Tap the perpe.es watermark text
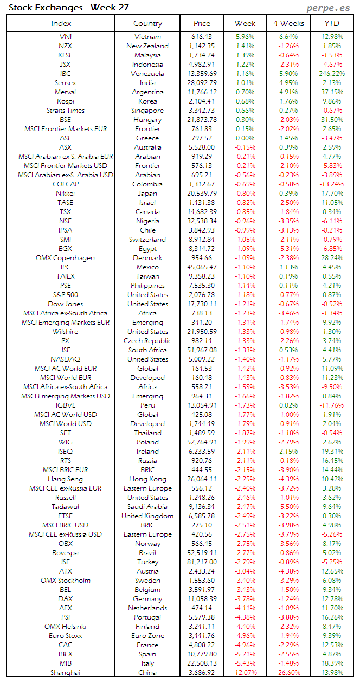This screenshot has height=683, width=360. click(x=329, y=8)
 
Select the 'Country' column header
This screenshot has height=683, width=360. click(x=147, y=23)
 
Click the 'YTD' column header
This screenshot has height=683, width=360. click(x=332, y=23)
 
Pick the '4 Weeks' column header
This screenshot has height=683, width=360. click(x=288, y=23)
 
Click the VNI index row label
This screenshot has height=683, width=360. click(x=65, y=37)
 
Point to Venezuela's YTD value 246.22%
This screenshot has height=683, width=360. click(x=332, y=74)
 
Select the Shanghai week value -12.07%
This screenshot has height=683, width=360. click(x=245, y=673)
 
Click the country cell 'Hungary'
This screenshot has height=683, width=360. click(x=147, y=120)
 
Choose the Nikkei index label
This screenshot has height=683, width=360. click(x=65, y=194)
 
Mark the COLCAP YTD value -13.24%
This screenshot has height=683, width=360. click(x=332, y=184)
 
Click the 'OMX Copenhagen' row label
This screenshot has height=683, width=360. click(x=65, y=258)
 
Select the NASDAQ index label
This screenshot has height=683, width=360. click(x=65, y=359)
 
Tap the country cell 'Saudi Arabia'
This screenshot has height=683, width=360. click(x=147, y=507)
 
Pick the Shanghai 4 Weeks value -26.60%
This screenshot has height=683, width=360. click(x=288, y=673)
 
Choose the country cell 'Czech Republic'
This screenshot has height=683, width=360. click(x=147, y=341)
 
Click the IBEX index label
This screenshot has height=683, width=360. click(x=65, y=654)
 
